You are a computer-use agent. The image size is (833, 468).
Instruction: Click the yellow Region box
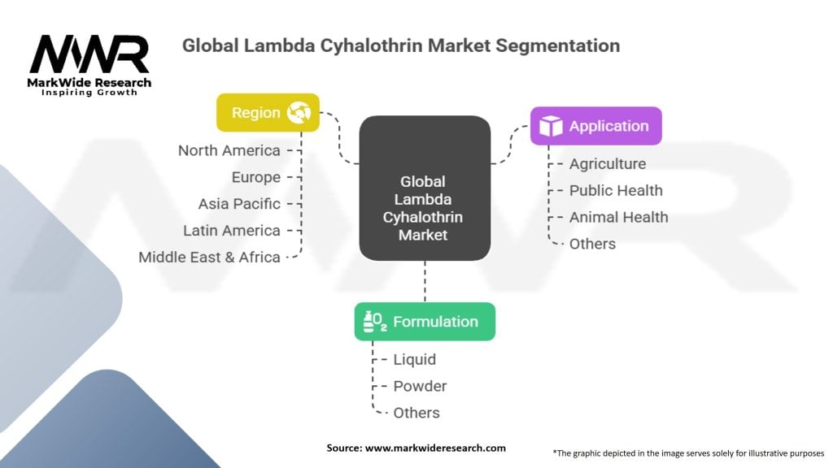(x=268, y=113)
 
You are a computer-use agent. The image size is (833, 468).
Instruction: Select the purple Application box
(x=595, y=126)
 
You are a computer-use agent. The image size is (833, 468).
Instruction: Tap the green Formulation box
(x=425, y=322)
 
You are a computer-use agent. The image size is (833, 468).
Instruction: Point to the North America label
(x=229, y=150)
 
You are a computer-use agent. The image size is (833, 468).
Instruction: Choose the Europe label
(x=255, y=177)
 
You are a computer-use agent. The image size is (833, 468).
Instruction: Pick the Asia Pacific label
(x=239, y=204)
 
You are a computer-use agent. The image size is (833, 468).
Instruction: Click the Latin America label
(x=232, y=231)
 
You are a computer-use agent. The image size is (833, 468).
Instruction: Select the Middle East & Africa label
(x=209, y=258)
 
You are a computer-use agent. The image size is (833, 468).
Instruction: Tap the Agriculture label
(x=607, y=164)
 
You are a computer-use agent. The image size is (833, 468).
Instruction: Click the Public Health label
(x=616, y=191)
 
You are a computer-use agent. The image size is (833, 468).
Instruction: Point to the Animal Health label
(x=618, y=218)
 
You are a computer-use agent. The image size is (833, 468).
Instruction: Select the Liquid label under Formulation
(x=415, y=360)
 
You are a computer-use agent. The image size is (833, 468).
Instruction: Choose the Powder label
(x=420, y=387)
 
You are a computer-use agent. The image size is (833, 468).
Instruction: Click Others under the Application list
(x=592, y=245)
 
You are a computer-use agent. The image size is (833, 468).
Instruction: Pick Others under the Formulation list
(x=416, y=414)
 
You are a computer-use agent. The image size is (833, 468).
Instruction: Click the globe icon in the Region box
(x=299, y=113)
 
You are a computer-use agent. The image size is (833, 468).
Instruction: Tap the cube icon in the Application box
(x=552, y=126)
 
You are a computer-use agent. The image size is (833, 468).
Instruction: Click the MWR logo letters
(x=89, y=55)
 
